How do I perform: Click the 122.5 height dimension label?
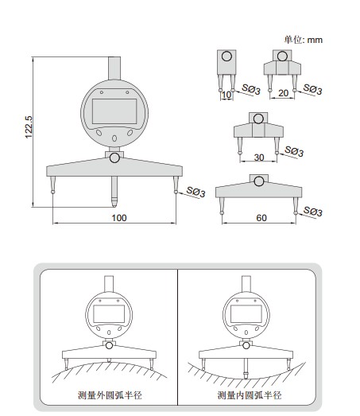tap(29, 126)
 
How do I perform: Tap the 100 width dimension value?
tap(119, 218)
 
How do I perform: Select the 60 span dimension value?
tap(261, 218)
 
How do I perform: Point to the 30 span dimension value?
tap(259, 157)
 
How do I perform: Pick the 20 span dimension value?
tap(283, 93)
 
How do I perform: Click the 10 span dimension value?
tap(226, 95)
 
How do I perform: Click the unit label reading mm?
tap(315, 40)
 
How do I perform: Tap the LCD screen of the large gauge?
tap(114, 111)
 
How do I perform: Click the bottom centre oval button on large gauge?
tap(114, 138)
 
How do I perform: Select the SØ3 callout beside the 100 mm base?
tap(196, 192)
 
